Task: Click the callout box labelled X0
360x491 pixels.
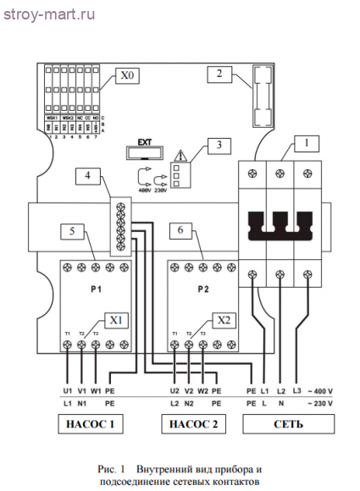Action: [x=127, y=76]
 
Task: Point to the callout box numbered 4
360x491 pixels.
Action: [x=87, y=177]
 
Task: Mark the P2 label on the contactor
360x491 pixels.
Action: [x=202, y=288]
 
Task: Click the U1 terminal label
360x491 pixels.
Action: [x=67, y=391]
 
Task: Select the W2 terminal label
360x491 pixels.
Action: [x=204, y=391]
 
